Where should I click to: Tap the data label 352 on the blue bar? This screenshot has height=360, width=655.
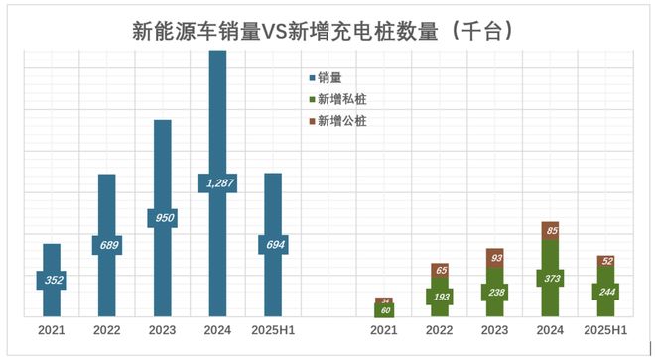click(x=54, y=281)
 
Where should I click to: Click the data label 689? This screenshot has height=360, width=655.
click(x=107, y=244)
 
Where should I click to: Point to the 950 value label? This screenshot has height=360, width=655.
click(x=162, y=218)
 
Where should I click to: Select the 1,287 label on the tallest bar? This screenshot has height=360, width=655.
click(x=217, y=182)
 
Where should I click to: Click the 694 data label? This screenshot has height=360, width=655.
click(x=273, y=244)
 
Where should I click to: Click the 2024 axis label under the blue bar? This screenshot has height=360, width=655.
click(x=217, y=331)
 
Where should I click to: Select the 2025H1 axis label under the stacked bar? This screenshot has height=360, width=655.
click(x=604, y=331)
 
